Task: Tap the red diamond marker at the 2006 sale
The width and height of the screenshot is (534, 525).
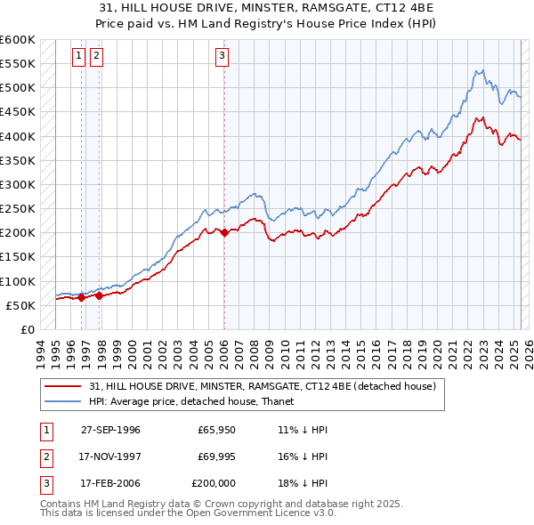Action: pos(224,232)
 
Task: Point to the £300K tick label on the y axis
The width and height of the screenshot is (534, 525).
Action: pos(18,184)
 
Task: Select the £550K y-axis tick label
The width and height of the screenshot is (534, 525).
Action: pos(18,64)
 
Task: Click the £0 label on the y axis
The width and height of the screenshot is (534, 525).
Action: pos(27,329)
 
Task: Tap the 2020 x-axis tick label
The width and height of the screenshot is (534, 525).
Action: pos(437,352)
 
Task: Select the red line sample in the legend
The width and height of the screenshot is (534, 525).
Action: pos(64,386)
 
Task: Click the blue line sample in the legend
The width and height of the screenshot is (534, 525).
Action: pos(64,401)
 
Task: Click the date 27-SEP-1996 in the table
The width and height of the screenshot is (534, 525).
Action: pos(110,430)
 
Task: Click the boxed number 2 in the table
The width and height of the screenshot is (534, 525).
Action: pos(45,456)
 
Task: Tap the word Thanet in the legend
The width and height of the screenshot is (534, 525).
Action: pos(277,401)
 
